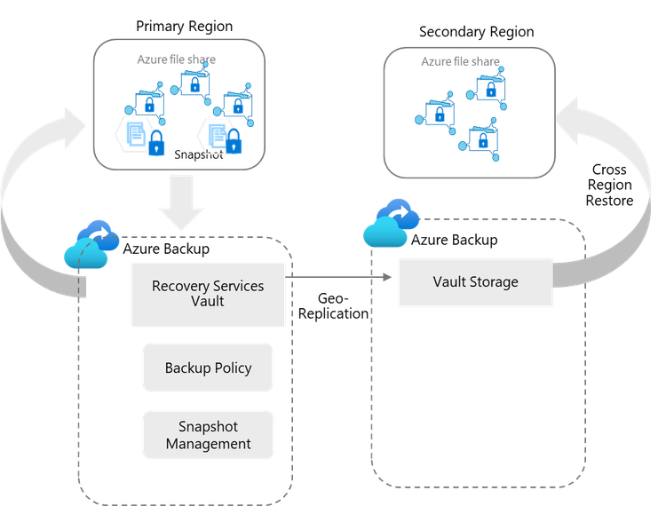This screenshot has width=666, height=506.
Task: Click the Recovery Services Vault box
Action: (x=208, y=294)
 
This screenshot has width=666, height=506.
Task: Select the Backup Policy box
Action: (x=208, y=368)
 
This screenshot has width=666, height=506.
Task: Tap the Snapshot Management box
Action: (x=208, y=435)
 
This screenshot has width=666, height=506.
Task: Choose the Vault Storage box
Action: (x=475, y=282)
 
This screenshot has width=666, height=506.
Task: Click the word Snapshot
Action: (x=208, y=427)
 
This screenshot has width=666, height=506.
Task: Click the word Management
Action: (x=208, y=444)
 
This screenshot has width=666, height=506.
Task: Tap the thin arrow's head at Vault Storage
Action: (x=388, y=278)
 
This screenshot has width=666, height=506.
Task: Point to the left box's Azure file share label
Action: (x=176, y=59)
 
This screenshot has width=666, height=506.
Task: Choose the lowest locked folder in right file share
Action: (x=483, y=138)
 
